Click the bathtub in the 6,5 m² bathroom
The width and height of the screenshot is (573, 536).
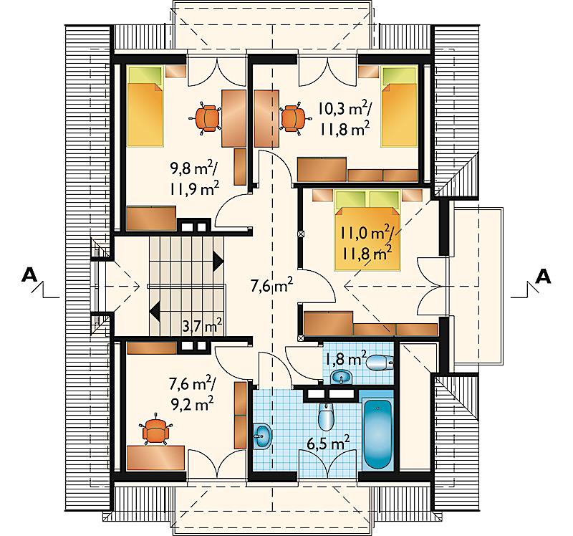click(378, 434)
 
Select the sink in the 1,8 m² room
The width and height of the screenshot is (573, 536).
click(341, 377)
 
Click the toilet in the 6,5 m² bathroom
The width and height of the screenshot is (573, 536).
click(326, 416)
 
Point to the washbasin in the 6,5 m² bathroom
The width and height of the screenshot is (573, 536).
click(262, 436)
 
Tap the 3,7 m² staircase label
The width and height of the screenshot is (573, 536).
click(202, 325)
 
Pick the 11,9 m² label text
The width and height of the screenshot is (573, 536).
click(194, 188)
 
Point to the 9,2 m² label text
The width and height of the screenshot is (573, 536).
click(192, 404)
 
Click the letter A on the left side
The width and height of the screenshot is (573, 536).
click(29, 275)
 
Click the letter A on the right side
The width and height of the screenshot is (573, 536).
click(543, 277)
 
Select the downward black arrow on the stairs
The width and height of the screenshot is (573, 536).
click(155, 312)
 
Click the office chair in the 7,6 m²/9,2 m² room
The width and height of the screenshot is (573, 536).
click(156, 431)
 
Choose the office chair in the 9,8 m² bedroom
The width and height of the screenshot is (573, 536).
click(207, 118)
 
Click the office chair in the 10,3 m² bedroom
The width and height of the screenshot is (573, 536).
click(294, 118)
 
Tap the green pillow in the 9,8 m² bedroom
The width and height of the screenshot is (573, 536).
click(145, 75)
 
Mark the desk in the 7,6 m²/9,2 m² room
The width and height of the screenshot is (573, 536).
click(155, 457)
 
